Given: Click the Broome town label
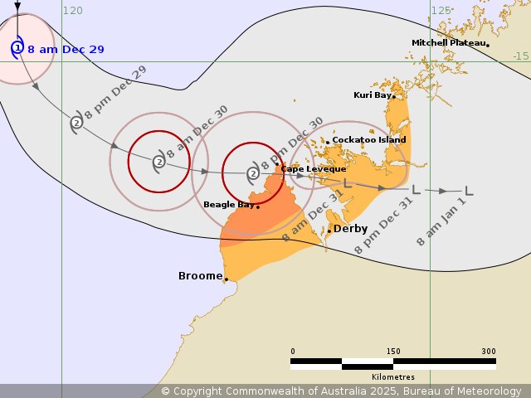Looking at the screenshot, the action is tap(200, 276).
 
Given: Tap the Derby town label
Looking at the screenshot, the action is tap(349, 229).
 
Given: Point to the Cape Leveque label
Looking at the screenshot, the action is tap(313, 169).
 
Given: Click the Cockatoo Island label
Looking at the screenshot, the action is tap(368, 140).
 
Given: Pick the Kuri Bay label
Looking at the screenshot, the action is tap(372, 95).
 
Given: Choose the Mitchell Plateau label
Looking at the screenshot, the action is tap(449, 43).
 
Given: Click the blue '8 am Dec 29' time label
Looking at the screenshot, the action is tap(66, 50).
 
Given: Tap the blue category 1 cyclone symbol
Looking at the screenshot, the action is tap(17, 48).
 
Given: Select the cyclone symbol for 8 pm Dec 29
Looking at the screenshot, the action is tap(76, 123).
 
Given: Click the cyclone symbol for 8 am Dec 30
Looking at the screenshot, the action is tap(158, 162).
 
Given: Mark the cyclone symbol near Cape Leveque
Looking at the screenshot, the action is tap(253, 173).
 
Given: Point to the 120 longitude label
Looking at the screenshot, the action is tap(72, 11).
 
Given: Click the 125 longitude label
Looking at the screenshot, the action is tap(441, 11).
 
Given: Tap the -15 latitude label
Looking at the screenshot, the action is tap(520, 56).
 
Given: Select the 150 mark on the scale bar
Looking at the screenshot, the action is tap(392, 352).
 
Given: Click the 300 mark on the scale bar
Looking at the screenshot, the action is tap(488, 352).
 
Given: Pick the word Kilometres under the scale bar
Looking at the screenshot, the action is tap(393, 376).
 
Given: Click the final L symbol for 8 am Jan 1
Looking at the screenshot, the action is tap(469, 191).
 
